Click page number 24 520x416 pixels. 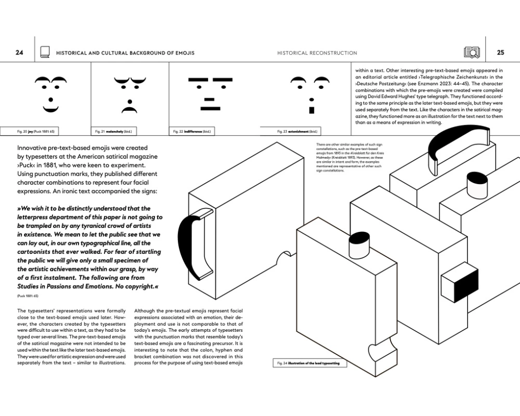point(19,53)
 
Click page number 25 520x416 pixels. point(500,53)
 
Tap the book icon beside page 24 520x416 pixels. point(45,53)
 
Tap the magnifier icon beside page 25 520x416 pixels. point(472,53)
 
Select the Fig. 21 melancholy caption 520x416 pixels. point(112,132)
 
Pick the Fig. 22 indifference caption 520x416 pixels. point(191,132)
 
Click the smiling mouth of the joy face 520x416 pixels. point(50,109)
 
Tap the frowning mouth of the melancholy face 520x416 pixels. point(128,110)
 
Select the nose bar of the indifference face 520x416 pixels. point(210,98)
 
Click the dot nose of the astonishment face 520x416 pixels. point(311,99)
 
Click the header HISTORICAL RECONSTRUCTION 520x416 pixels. point(317,53)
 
